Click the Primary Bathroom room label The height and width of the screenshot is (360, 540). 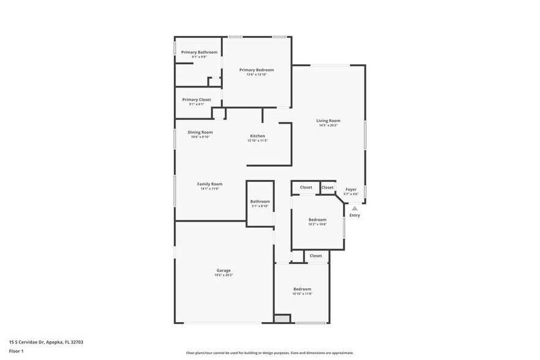pyautogui.click(x=199, y=52)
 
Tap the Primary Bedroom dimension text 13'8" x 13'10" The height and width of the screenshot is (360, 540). pyautogui.click(x=257, y=75)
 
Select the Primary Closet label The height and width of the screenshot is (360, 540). pyautogui.click(x=197, y=99)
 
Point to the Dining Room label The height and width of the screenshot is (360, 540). pyautogui.click(x=200, y=132)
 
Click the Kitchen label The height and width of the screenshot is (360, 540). pyautogui.click(x=257, y=136)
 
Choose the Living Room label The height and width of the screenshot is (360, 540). pyautogui.click(x=328, y=121)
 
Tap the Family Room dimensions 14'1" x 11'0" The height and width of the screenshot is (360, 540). pyautogui.click(x=209, y=189)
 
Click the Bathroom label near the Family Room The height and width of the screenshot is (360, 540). pyautogui.click(x=260, y=201)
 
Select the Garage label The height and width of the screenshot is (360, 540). pyautogui.click(x=223, y=270)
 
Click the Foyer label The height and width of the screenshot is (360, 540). pyautogui.click(x=351, y=189)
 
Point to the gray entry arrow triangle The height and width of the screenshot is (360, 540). pyautogui.click(x=354, y=209)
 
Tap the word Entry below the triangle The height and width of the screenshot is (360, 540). pyautogui.click(x=354, y=216)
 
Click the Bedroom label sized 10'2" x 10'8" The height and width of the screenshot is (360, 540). pyautogui.click(x=317, y=219)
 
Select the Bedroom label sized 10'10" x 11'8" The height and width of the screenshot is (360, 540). pyautogui.click(x=302, y=289)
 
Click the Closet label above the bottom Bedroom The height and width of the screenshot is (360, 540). pyautogui.click(x=316, y=256)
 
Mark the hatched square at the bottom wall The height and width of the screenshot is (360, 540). pyautogui.click(x=282, y=319)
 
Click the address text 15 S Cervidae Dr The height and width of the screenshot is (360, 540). pyautogui.click(x=46, y=342)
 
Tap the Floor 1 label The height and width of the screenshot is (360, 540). pyautogui.click(x=16, y=351)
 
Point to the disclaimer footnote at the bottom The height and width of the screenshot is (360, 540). pyautogui.click(x=269, y=353)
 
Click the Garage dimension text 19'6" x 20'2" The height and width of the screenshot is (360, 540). pyautogui.click(x=223, y=275)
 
